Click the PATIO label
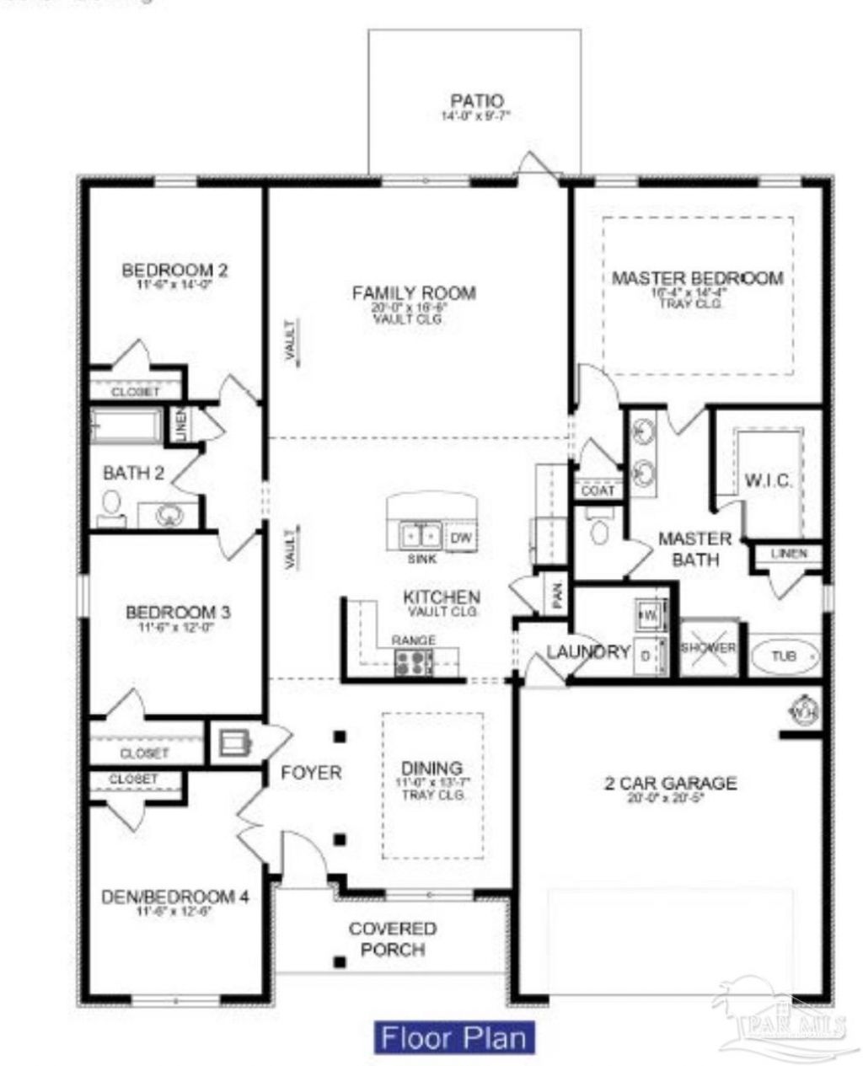(476, 102)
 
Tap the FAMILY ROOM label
(414, 293)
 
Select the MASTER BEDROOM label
(697, 278)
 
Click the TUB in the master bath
(785, 656)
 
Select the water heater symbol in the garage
(803, 710)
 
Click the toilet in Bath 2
(110, 506)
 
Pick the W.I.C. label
(768, 480)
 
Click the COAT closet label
(598, 490)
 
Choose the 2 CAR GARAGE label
(670, 784)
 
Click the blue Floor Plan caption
(454, 1037)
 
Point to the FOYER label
(311, 772)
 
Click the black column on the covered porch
(339, 962)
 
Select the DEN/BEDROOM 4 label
(174, 897)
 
